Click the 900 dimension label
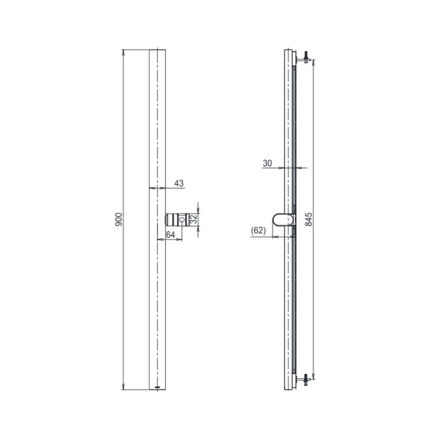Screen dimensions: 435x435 [x=118, y=219]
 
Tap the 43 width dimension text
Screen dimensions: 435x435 [x=179, y=183]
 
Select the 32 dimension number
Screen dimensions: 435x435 [x=193, y=219]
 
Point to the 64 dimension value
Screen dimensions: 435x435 [x=170, y=235]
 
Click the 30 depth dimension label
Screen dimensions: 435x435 [x=267, y=163]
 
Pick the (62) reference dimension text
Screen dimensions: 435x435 [x=258, y=230]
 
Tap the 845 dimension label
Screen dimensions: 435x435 [x=309, y=219]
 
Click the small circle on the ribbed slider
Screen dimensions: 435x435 [x=182, y=220]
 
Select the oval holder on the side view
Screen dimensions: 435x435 [x=283, y=219]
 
